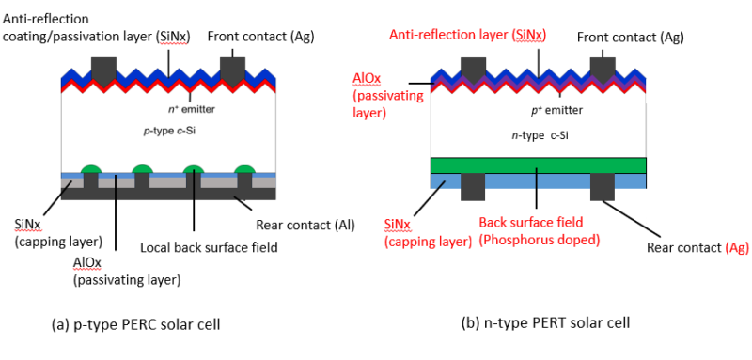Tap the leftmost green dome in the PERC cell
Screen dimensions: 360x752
91,168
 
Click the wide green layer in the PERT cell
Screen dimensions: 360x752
537,165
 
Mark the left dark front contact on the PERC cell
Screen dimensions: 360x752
102,68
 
